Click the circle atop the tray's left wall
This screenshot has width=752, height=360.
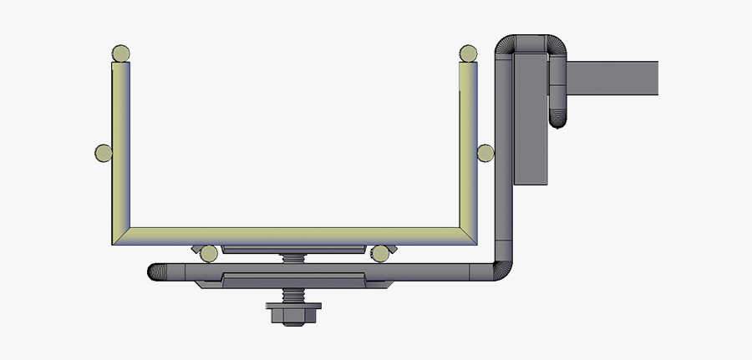pyautogui.click(x=121, y=54)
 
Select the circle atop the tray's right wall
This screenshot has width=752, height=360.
pyautogui.click(x=468, y=54)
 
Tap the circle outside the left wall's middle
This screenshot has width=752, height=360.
pyautogui.click(x=104, y=153)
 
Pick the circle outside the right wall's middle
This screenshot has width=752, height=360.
pyautogui.click(x=485, y=153)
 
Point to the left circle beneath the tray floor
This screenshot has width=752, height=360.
pyautogui.click(x=208, y=252)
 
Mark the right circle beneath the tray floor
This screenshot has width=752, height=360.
pyautogui.click(x=381, y=252)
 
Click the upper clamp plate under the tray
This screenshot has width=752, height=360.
pyautogui.click(x=294, y=249)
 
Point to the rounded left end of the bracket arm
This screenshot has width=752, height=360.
pyautogui.click(x=156, y=271)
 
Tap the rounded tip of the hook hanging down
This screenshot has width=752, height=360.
pyautogui.click(x=558, y=119)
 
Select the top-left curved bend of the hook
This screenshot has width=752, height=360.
pyautogui.click(x=507, y=46)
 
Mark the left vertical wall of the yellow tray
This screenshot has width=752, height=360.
pyautogui.click(x=121, y=150)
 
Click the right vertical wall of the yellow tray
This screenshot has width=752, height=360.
pyautogui.click(x=468, y=150)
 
